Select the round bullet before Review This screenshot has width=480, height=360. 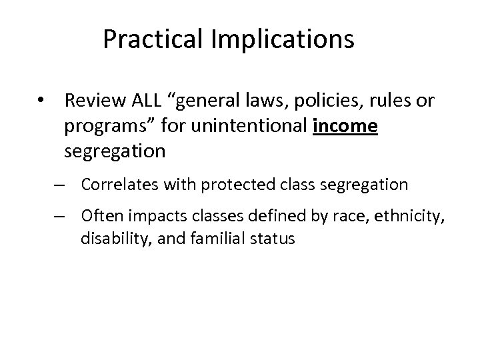tap(41, 102)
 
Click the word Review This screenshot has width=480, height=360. tap(91, 101)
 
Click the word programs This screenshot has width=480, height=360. tap(101, 127)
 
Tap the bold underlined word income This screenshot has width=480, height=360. tap(345, 127)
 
